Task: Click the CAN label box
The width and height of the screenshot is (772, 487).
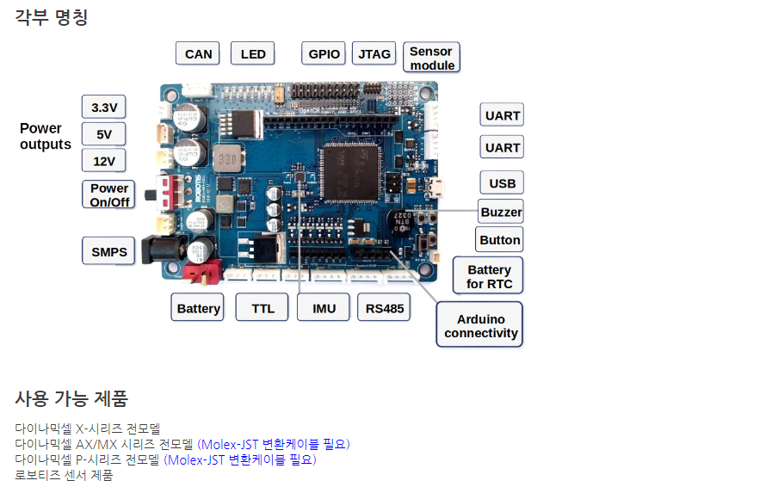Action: click(x=198, y=53)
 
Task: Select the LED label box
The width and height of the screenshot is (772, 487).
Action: click(x=253, y=53)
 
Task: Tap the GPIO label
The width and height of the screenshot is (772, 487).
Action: click(x=324, y=53)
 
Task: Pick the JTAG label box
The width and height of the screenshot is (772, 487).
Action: click(x=374, y=53)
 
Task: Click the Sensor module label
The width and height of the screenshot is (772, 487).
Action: click(x=432, y=58)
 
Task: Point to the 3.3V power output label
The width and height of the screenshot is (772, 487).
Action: click(x=103, y=108)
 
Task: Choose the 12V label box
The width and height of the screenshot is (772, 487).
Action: click(x=103, y=161)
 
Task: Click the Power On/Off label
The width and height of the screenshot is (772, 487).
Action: click(x=109, y=194)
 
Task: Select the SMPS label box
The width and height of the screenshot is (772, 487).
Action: click(x=109, y=251)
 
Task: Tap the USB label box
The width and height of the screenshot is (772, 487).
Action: click(x=502, y=182)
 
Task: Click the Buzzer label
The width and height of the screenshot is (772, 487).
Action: click(x=501, y=212)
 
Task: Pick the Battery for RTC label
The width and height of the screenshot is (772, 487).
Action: click(x=489, y=276)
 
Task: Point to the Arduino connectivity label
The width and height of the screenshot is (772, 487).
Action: click(x=480, y=325)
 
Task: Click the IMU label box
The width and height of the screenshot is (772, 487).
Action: click(x=324, y=308)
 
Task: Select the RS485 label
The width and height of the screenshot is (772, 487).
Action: click(x=384, y=308)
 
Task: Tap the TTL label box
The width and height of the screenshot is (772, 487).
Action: click(x=262, y=308)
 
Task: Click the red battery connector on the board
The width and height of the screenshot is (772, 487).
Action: click(x=203, y=273)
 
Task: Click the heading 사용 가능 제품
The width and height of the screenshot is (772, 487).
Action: click(x=71, y=398)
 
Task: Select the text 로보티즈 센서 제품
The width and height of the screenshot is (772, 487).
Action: click(x=64, y=474)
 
